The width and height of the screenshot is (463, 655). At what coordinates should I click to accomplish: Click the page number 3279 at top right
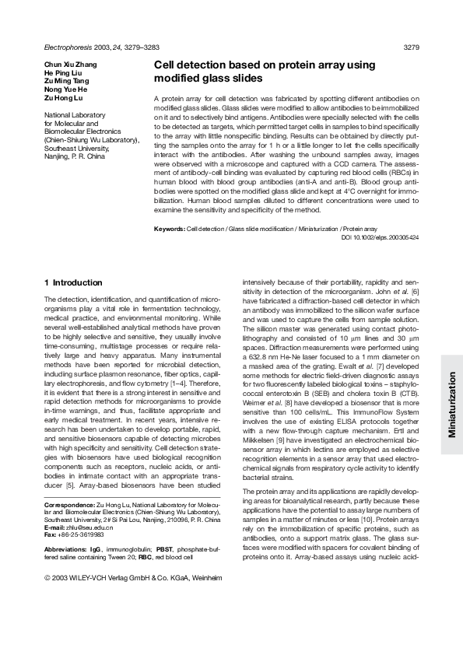pyautogui.click(x=412, y=47)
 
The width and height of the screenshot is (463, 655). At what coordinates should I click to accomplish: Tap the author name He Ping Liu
pyautogui.click(x=62, y=74)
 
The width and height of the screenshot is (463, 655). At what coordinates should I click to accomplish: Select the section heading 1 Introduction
pyautogui.click(x=73, y=282)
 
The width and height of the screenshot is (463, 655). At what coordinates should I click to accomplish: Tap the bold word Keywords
pyautogui.click(x=170, y=229)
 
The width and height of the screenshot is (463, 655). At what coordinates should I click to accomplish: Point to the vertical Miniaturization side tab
pyautogui.click(x=451, y=405)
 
